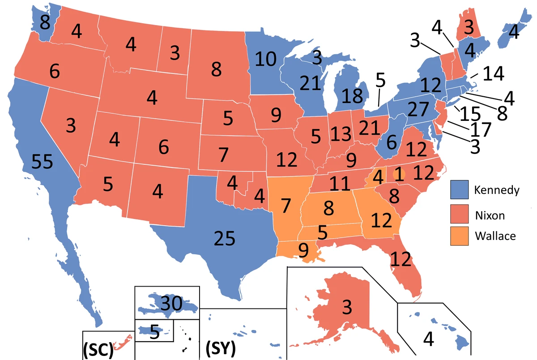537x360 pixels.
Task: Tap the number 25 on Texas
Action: (224, 240)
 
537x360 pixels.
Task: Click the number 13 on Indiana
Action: (341, 133)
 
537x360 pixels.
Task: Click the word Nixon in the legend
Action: (490, 215)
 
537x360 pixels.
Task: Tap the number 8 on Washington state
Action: (45, 22)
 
